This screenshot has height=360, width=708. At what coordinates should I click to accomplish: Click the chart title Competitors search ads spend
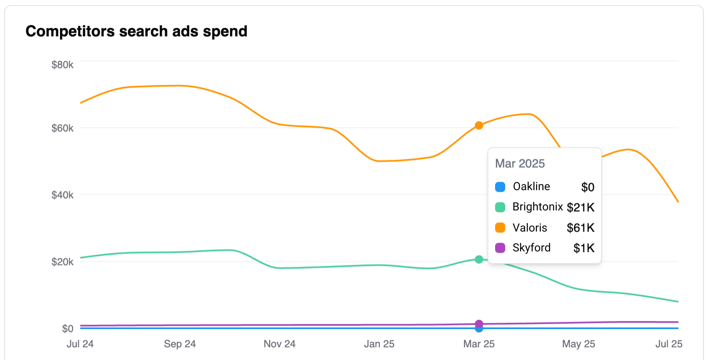pos(136,31)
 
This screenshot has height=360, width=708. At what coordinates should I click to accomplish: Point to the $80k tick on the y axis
pos(63,65)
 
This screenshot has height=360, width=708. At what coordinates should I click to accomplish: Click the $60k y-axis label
pos(63,128)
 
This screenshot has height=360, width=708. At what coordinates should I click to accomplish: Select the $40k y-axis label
pos(63,195)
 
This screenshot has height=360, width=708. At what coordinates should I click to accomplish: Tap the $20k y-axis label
pos(63,262)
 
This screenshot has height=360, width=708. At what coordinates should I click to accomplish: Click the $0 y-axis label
pos(68,329)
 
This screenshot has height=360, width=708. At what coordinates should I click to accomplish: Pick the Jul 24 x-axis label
pos(80,344)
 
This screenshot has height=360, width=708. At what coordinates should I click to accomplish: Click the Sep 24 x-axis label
pos(180,344)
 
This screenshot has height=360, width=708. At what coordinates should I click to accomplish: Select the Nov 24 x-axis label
pos(280,344)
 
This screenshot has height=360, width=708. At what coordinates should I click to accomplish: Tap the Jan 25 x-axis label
pos(379,344)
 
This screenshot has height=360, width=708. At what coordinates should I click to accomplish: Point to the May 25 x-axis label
pos(579,344)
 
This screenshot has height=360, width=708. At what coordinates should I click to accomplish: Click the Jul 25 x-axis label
pos(669,344)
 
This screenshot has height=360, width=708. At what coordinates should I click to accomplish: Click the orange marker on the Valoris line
pos(479,125)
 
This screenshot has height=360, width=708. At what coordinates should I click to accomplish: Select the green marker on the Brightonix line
pos(479,259)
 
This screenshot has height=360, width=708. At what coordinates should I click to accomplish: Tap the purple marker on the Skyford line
pos(479,324)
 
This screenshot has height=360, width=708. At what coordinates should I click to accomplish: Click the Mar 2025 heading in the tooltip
pos(520,164)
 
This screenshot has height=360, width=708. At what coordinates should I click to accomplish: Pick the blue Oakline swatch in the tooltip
pos(500,187)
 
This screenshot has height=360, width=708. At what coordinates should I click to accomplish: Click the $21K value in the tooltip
pos(580,207)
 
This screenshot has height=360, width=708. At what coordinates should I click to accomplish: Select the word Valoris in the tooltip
pos(530,228)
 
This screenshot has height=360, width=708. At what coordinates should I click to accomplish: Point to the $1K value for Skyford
pos(584,248)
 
